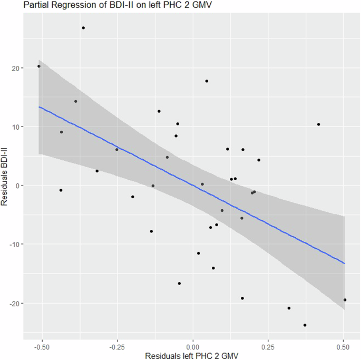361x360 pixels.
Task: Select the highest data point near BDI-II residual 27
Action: pyautogui.click(x=83, y=28)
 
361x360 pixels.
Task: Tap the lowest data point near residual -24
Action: pyautogui.click(x=305, y=325)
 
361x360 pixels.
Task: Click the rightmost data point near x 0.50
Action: pyautogui.click(x=345, y=300)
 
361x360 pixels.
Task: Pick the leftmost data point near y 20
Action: pyautogui.click(x=39, y=66)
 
